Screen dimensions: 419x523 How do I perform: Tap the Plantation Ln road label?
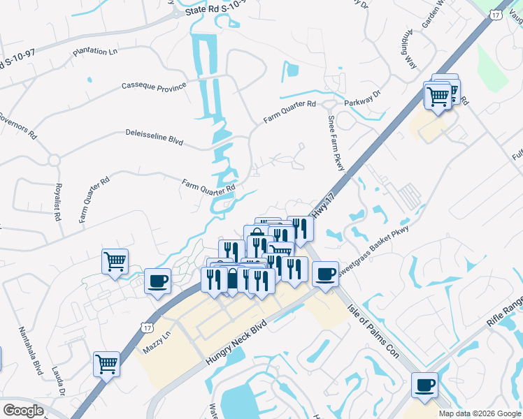point(95,52)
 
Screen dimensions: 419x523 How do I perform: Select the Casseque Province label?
point(154,87)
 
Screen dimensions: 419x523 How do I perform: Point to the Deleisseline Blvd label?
point(154,136)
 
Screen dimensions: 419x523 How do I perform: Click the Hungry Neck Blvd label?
point(236,342)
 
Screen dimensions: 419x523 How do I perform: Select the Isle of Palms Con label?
point(373,329)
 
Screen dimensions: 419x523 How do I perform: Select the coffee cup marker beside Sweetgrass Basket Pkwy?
point(325,273)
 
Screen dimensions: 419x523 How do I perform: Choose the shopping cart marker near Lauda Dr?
point(107,363)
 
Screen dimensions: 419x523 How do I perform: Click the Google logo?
point(23,411)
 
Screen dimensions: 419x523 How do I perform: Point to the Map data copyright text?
point(480,413)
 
